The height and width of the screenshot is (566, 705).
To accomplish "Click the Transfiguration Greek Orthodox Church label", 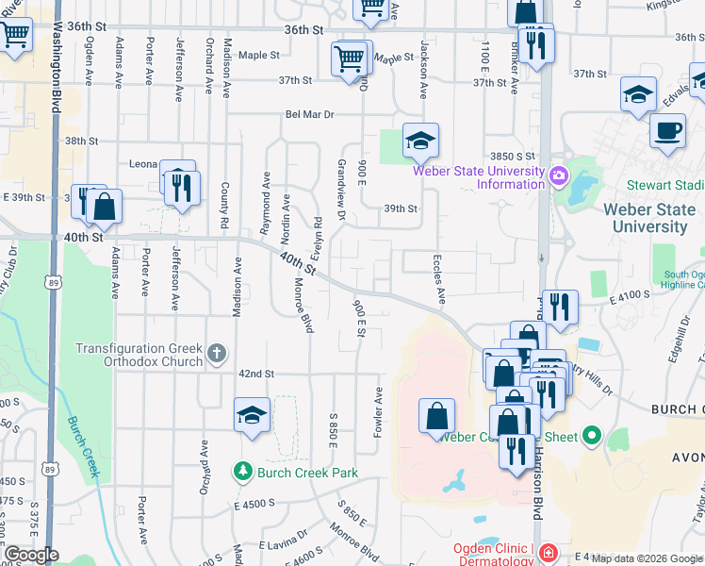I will [x=139, y=355].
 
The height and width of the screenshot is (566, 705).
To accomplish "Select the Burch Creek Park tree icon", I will [x=243, y=471].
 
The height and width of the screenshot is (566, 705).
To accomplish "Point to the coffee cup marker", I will [x=667, y=131].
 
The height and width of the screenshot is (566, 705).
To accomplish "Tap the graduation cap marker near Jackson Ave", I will [x=420, y=141].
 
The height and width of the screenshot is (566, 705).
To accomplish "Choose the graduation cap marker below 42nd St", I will [x=253, y=416].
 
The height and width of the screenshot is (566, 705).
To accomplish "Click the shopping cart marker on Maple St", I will [x=350, y=58].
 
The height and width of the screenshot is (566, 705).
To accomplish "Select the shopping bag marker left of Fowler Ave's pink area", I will [x=436, y=416].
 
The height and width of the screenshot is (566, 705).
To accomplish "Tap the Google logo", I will [x=30, y=555].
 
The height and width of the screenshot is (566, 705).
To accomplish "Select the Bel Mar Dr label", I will [x=310, y=114].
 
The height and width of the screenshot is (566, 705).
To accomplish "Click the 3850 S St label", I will [x=512, y=156].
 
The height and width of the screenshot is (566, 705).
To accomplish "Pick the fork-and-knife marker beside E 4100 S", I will [x=560, y=306].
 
